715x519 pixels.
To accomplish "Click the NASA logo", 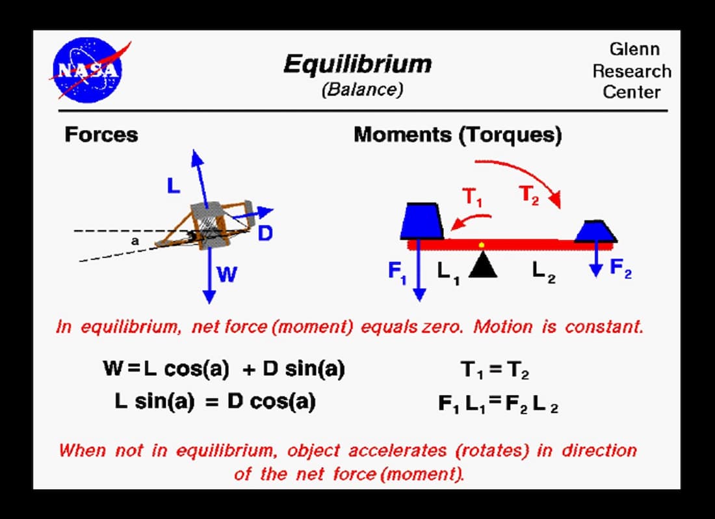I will pyautogui.click(x=86, y=70).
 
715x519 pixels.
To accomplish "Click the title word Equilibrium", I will pyautogui.click(x=357, y=64).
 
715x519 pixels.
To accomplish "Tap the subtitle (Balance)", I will pyautogui.click(x=362, y=90).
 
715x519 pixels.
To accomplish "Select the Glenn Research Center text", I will pyautogui.click(x=631, y=70).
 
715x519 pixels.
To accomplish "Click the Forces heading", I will pyautogui.click(x=101, y=135).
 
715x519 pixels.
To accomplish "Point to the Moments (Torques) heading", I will pyautogui.click(x=458, y=135).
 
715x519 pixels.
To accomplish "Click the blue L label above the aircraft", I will pyautogui.click(x=173, y=187).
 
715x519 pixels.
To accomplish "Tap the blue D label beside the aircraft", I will pyautogui.click(x=265, y=233).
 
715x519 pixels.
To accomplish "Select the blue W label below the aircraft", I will pyautogui.click(x=226, y=275).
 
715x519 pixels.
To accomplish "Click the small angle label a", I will pyautogui.click(x=135, y=241).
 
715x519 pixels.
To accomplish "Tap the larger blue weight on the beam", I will pyautogui.click(x=422, y=221).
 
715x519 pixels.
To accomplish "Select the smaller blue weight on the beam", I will pyautogui.click(x=595, y=231).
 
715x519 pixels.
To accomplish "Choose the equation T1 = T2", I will pyautogui.click(x=495, y=371).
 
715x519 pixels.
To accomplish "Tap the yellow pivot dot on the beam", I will pyautogui.click(x=481, y=245).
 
